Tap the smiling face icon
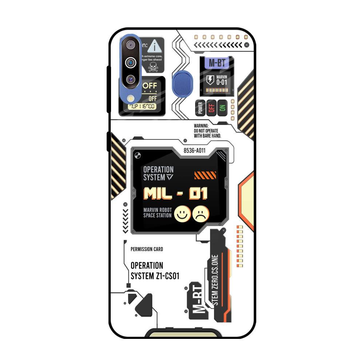[182, 214]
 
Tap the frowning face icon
[201, 214]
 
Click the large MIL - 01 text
[175, 193]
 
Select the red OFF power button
[211, 108]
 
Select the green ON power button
[222, 108]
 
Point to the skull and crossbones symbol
[153, 66]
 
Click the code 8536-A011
[195, 150]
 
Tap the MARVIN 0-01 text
[221, 80]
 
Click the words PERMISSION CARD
[147, 249]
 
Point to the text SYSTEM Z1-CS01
[155, 276]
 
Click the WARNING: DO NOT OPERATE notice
[207, 131]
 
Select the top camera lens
[130, 45]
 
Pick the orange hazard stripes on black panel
[205, 175]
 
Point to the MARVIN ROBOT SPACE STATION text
[157, 213]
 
